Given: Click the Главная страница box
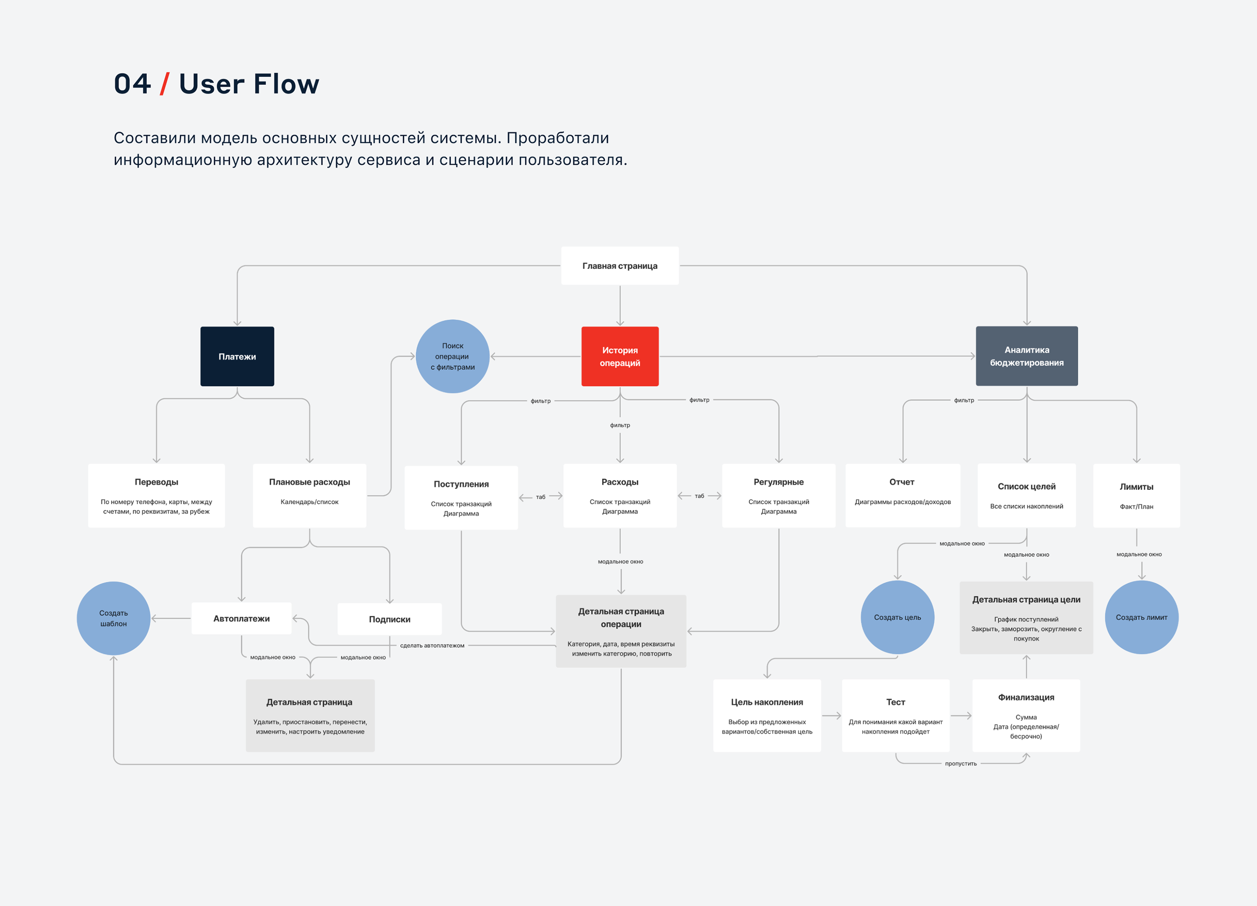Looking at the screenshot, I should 620,266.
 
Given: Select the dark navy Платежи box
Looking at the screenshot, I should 237,356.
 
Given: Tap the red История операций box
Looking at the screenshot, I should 620,356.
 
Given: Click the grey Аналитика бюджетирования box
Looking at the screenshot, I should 1026,356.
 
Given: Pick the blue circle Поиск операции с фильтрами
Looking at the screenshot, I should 453,356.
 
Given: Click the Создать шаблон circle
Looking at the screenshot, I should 114,618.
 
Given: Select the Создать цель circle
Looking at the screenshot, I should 897,617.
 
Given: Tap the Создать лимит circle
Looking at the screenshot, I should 1141,617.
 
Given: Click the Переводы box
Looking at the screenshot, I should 156,495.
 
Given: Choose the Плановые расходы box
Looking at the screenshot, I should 309,495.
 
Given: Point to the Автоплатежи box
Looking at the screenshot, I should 242,618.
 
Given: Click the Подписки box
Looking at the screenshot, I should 390,619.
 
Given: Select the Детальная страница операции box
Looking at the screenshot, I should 621,631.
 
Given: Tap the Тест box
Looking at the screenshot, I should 895,715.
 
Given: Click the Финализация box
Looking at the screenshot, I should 1026,715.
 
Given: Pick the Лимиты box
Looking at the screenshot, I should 1136,495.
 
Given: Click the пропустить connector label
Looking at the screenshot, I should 961,764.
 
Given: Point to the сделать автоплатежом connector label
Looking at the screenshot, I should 432,646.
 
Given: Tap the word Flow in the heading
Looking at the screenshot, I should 286,84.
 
